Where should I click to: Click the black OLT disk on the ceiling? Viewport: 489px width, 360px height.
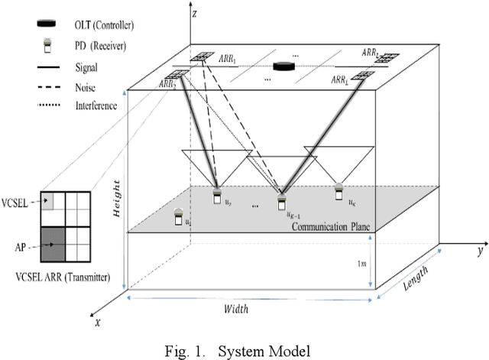pyautogui.click(x=286, y=67)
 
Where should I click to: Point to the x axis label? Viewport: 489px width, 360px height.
pyautogui.click(x=97, y=322)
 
